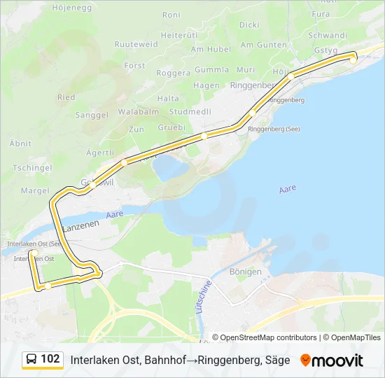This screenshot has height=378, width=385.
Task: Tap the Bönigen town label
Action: pos(246,272)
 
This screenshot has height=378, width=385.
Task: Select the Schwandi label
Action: pos(327,35)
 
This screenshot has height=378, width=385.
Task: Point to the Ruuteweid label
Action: pos(136,43)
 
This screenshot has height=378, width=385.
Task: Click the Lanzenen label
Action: pos(80,227)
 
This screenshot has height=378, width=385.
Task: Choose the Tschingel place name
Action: pos(33,168)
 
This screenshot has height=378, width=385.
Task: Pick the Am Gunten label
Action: pos(263,45)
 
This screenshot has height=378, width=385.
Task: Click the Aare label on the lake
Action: pos(288,189)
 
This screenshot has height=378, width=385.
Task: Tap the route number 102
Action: pos(50,359)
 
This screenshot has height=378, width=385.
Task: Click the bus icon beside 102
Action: pos(32,359)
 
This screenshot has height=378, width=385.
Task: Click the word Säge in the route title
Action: pos(278,360)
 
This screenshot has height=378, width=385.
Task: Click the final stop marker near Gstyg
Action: pos(353,60)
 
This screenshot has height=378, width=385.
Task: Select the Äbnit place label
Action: pos(20,143)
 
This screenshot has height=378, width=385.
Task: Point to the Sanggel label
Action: pos(92,115)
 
